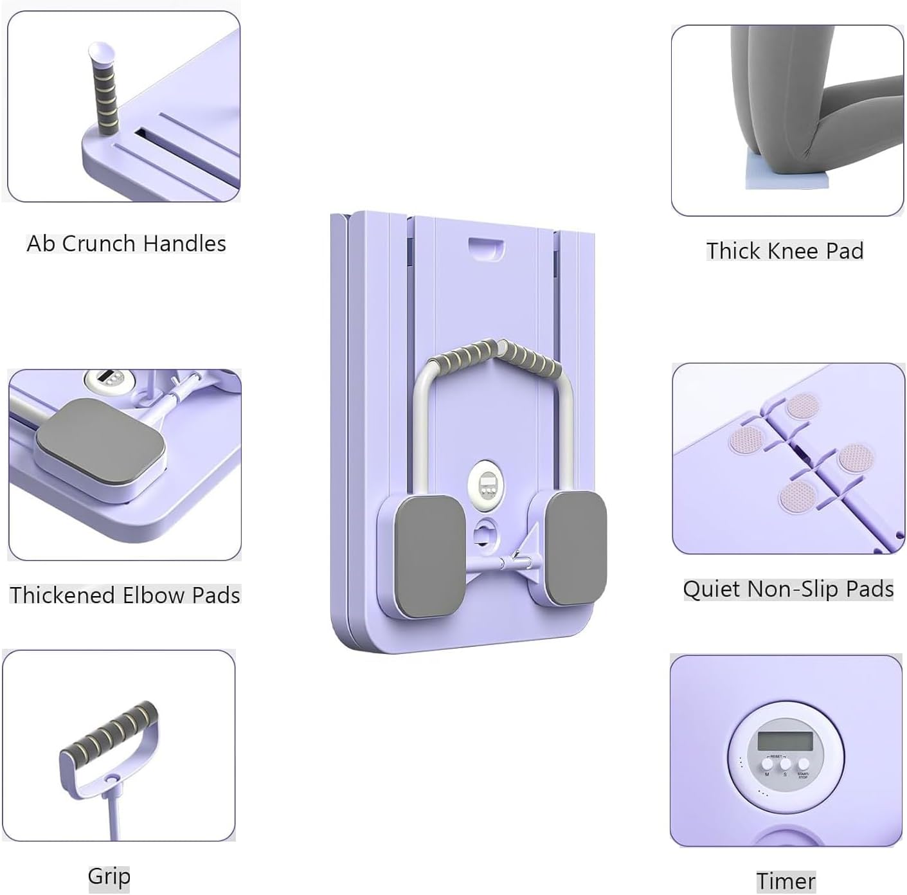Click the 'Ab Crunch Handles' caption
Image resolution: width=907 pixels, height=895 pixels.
click(x=126, y=244)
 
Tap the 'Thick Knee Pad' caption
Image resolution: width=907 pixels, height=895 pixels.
click(x=785, y=251)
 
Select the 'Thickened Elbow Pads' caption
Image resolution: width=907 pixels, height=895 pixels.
click(x=125, y=595)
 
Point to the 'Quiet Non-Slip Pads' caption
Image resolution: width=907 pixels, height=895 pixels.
click(x=788, y=589)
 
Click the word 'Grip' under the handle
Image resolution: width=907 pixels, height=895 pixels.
click(x=109, y=876)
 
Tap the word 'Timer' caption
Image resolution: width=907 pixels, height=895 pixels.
click(x=786, y=881)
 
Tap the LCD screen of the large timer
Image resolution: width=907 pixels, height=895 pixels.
click(x=785, y=742)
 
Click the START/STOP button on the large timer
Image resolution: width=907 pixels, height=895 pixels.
click(x=804, y=764)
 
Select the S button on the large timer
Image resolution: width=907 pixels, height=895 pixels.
click(x=785, y=764)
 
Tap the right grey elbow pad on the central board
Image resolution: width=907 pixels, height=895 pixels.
click(x=575, y=548)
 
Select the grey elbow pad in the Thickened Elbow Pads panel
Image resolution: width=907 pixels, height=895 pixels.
click(x=100, y=441)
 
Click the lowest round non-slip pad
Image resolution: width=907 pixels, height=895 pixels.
click(x=797, y=496)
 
